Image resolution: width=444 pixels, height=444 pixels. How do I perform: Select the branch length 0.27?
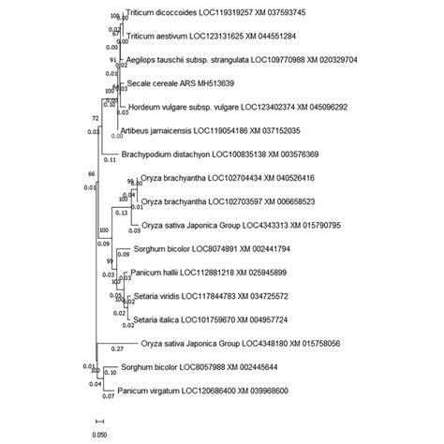[x=117, y=349]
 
